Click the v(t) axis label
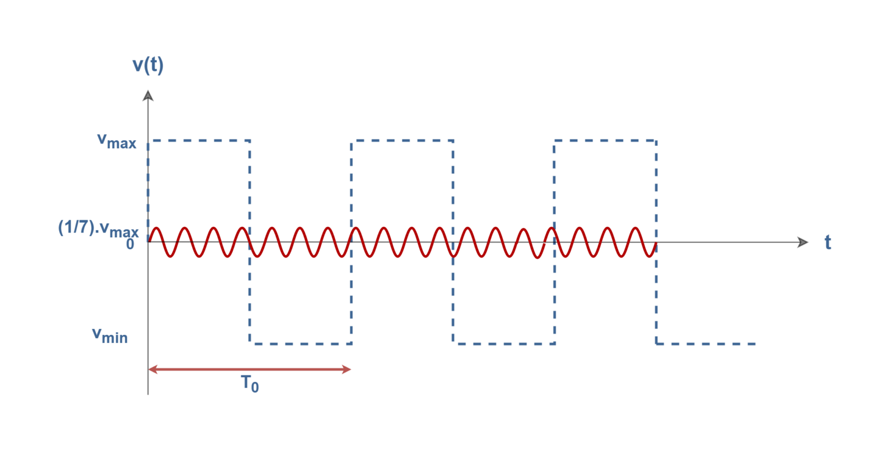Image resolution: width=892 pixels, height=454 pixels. [x=148, y=65]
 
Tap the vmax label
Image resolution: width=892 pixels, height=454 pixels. [x=117, y=141]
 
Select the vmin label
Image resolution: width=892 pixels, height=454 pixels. [x=110, y=335]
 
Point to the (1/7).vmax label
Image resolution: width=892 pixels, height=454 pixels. [x=98, y=228]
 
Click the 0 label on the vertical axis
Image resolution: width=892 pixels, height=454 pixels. [x=130, y=245]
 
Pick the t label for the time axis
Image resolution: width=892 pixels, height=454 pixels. [x=828, y=242]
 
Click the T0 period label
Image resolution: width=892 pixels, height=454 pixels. [x=250, y=384]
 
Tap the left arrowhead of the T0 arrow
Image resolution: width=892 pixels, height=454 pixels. [x=152, y=369]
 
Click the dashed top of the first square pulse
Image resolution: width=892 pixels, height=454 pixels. [x=199, y=141]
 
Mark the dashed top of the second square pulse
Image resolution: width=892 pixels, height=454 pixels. [x=402, y=141]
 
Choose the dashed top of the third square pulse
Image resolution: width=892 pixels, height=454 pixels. [x=605, y=141]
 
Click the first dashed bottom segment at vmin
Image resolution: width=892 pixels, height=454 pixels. [x=300, y=344]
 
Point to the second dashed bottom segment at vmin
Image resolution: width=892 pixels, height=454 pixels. [x=503, y=344]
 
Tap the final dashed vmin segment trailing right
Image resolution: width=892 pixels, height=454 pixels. [x=706, y=344]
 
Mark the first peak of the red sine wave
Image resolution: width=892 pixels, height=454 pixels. [x=157, y=228]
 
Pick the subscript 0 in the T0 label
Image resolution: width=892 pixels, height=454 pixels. [x=255, y=388]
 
